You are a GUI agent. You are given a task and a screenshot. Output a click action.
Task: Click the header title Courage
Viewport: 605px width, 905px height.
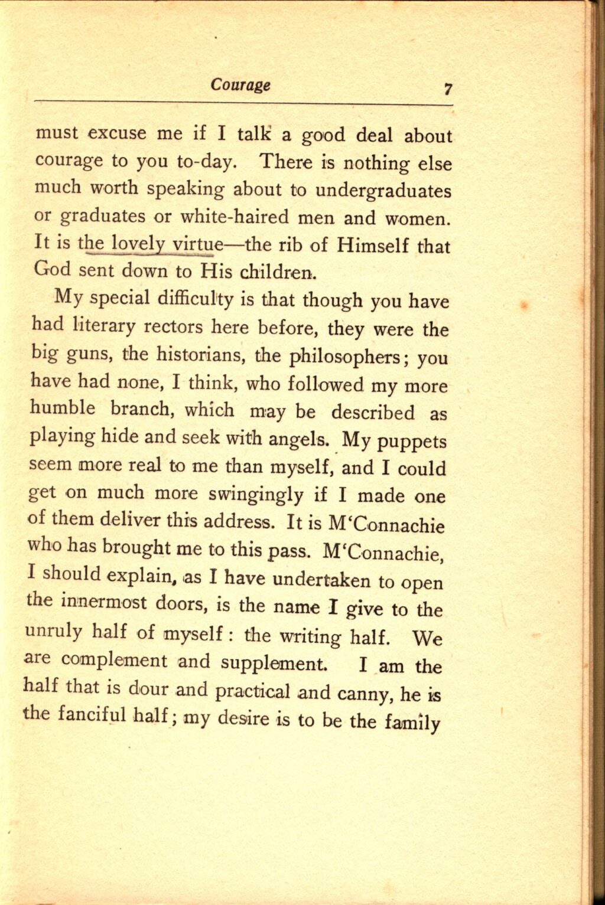[x=241, y=84]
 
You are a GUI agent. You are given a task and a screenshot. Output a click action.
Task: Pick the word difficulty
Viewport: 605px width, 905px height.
[x=196, y=298]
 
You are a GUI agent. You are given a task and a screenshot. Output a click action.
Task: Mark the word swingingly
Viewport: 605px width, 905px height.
[x=252, y=495]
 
